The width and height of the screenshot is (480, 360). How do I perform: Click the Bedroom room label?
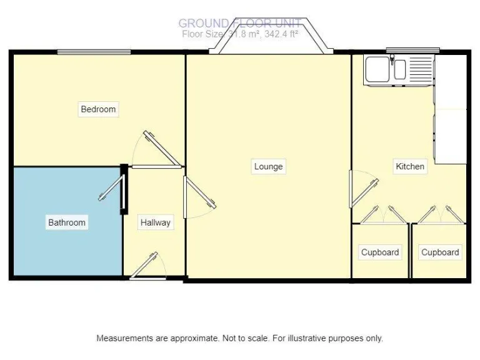click(x=98, y=109)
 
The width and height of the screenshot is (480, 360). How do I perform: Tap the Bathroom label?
click(x=67, y=222)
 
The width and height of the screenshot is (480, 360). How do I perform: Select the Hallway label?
click(x=155, y=222)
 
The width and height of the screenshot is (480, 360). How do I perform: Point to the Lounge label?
click(x=268, y=166)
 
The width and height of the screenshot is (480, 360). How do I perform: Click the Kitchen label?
click(x=410, y=166)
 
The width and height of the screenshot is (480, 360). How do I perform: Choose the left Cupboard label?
click(x=379, y=252)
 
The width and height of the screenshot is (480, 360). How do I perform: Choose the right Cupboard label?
click(x=440, y=252)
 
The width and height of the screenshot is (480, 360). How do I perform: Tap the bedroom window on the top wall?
click(x=94, y=52)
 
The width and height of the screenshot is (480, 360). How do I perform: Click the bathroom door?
click(x=112, y=187)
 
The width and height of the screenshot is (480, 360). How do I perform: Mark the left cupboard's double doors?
click(x=381, y=215)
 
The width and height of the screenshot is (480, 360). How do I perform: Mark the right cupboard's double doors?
click(x=440, y=215)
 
